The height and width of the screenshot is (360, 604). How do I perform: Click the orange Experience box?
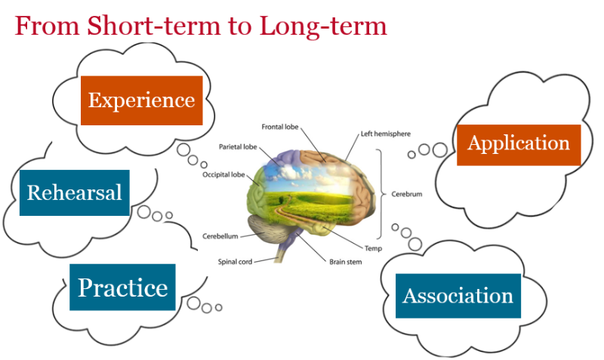pos(141,100)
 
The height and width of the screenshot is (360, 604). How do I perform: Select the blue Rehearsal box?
pos(74,192)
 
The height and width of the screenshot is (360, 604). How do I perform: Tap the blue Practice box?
pos(122,288)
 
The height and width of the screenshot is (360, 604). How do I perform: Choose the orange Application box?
pos(519,143)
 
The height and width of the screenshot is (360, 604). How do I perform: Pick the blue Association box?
pos(458,295)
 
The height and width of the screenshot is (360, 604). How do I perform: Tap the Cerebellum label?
pos(220,236)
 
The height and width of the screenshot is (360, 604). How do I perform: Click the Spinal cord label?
pos(235,262)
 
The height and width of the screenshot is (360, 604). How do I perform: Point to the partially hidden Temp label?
pos(372,248)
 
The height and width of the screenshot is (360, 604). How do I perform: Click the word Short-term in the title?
pos(147,26)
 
